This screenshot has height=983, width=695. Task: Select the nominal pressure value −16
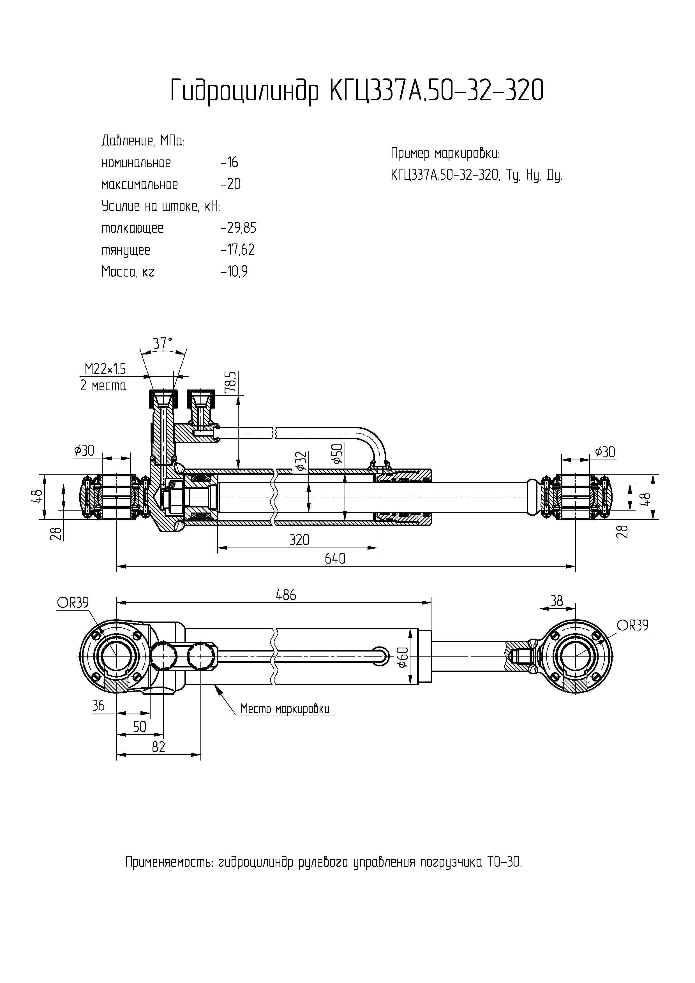[x=230, y=163]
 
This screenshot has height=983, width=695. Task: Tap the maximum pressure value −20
[x=231, y=185]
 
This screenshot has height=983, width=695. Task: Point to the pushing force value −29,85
[x=239, y=228]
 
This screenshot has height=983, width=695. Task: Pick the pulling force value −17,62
[x=238, y=250]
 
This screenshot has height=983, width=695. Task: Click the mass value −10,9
[x=234, y=272]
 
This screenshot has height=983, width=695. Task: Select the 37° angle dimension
[x=163, y=343]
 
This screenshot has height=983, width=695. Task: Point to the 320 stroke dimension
[x=299, y=540]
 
